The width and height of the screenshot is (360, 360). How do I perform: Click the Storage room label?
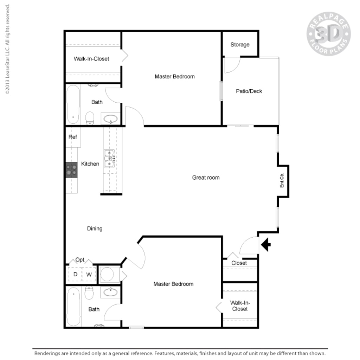[x=240, y=45]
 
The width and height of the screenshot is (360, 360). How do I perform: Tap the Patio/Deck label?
[x=249, y=91]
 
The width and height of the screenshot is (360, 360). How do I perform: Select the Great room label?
[x=206, y=178]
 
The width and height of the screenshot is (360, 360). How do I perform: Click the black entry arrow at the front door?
[x=266, y=244]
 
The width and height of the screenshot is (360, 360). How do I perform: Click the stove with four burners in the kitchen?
[x=72, y=170]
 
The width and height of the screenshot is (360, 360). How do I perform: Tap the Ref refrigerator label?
[x=73, y=137]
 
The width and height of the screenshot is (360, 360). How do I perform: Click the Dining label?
[x=95, y=229]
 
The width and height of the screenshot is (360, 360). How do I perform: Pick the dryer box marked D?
[x=75, y=274]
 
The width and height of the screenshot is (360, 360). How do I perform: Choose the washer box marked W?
[x=89, y=274]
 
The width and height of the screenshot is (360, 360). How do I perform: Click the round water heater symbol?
[x=108, y=274]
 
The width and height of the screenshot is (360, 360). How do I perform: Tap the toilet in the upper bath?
[x=90, y=118]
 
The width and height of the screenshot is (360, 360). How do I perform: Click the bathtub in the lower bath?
[x=73, y=307]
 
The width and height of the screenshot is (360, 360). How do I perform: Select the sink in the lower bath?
[x=110, y=292]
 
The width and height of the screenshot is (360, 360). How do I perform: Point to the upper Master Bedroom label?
[x=175, y=76]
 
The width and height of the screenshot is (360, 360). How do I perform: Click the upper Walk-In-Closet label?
[x=91, y=59]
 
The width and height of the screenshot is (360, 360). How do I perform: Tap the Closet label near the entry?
[x=239, y=263]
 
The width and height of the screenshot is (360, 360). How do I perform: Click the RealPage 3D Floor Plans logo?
[x=328, y=34]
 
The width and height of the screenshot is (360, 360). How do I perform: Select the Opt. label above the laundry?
[x=80, y=260]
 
